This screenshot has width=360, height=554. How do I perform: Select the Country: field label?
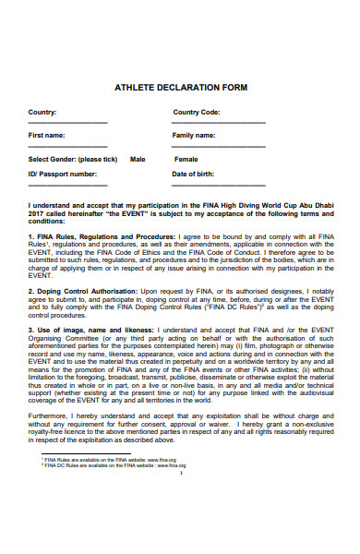(x=42, y=112)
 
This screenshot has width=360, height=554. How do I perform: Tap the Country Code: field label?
(x=197, y=112)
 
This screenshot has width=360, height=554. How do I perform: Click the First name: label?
(x=46, y=135)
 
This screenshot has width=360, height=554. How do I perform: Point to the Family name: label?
(x=194, y=135)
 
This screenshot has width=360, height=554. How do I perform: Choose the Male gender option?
(x=138, y=159)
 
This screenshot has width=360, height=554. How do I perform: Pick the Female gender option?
(x=186, y=159)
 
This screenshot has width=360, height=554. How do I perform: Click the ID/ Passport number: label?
(x=63, y=173)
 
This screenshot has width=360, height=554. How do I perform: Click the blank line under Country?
(x=67, y=123)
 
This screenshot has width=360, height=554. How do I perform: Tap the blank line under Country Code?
(x=219, y=123)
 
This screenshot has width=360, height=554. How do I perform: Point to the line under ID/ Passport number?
(x=67, y=185)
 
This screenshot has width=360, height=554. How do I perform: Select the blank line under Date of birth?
(x=219, y=185)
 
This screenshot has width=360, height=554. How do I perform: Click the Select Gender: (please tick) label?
(x=73, y=159)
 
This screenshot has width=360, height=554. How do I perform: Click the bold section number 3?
(x=31, y=328)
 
